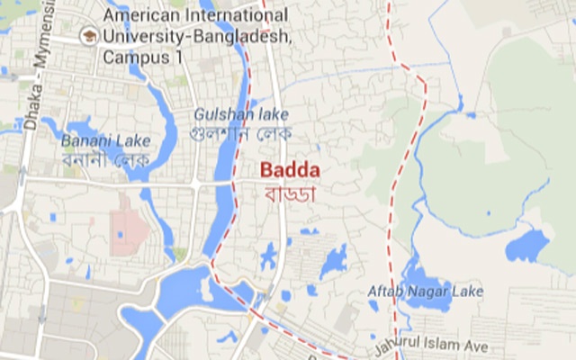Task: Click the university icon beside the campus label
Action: click(x=88, y=37)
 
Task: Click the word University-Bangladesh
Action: click(x=197, y=36)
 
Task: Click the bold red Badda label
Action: click(x=290, y=170)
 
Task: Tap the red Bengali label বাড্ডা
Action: click(x=290, y=191)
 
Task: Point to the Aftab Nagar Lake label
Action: click(x=425, y=292)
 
